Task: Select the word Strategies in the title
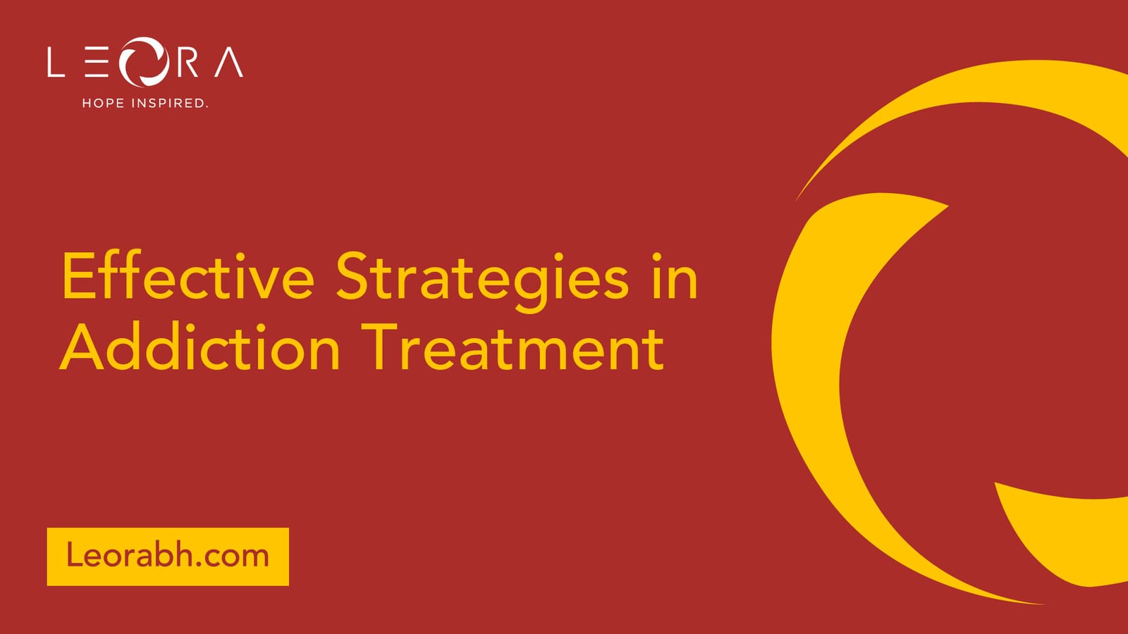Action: click(x=482, y=282)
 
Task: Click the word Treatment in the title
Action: click(x=512, y=347)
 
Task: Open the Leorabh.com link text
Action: click(x=168, y=556)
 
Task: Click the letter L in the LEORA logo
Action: click(x=56, y=62)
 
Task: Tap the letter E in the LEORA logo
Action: click(x=97, y=62)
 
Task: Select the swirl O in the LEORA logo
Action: click(x=144, y=62)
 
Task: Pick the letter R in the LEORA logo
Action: click(x=187, y=62)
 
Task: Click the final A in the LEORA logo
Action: click(x=229, y=62)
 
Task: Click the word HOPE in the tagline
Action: click(x=103, y=103)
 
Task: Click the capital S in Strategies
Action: click(x=352, y=275)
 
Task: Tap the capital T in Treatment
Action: click(x=379, y=347)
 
